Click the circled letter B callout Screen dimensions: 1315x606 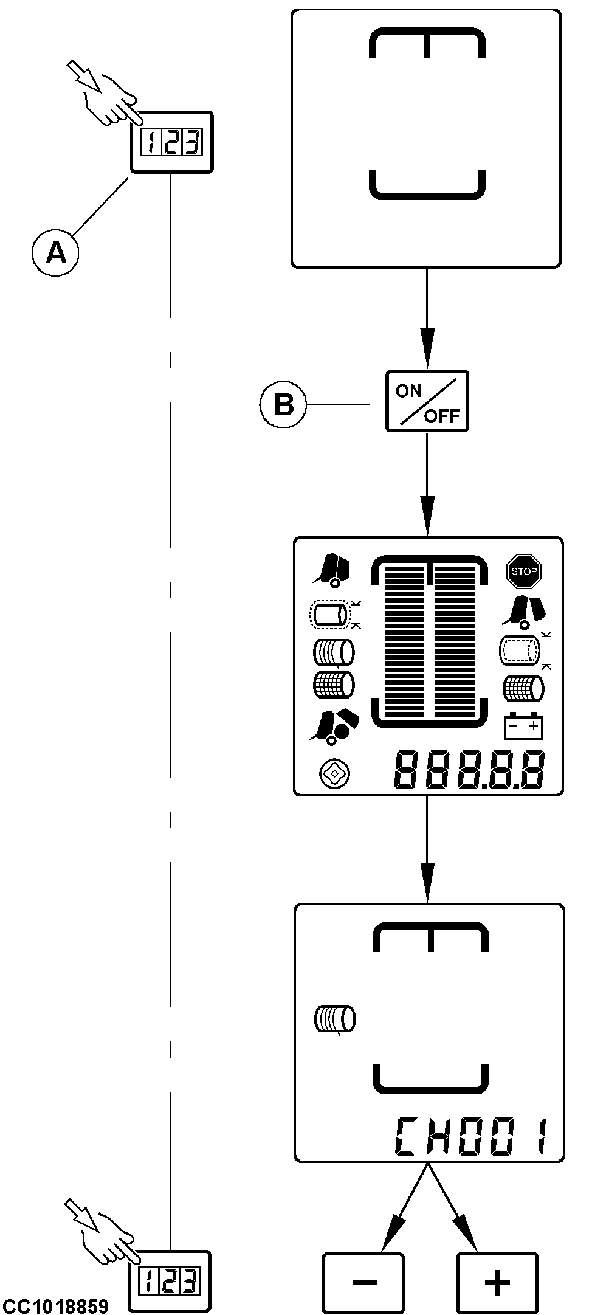point(283,404)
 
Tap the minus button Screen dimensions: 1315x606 point(363,1282)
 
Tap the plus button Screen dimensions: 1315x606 point(497,1282)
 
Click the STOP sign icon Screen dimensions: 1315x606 point(523,571)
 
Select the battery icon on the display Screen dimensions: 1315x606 point(524,725)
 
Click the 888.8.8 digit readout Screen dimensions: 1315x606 point(469,770)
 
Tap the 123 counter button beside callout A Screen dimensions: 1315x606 point(172,143)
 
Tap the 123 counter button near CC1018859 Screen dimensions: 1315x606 point(171,1282)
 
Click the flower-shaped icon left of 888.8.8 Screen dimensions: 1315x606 point(334,773)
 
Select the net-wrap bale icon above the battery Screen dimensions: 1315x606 point(523,689)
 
